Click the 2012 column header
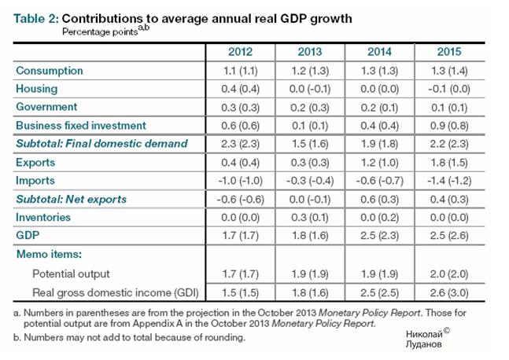[240, 52]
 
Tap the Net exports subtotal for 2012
[240, 199]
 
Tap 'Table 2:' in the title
[37, 18]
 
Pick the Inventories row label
[45, 217]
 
